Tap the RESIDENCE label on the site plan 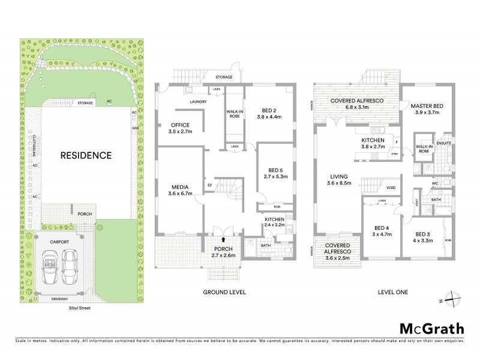(86, 155)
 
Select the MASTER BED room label (428, 105)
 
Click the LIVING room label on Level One (339, 176)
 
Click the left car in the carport (50, 263)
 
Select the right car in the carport (71, 263)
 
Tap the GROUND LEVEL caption (221, 292)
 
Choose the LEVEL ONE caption (393, 292)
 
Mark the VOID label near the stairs (391, 187)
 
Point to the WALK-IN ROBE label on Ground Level (234, 113)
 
